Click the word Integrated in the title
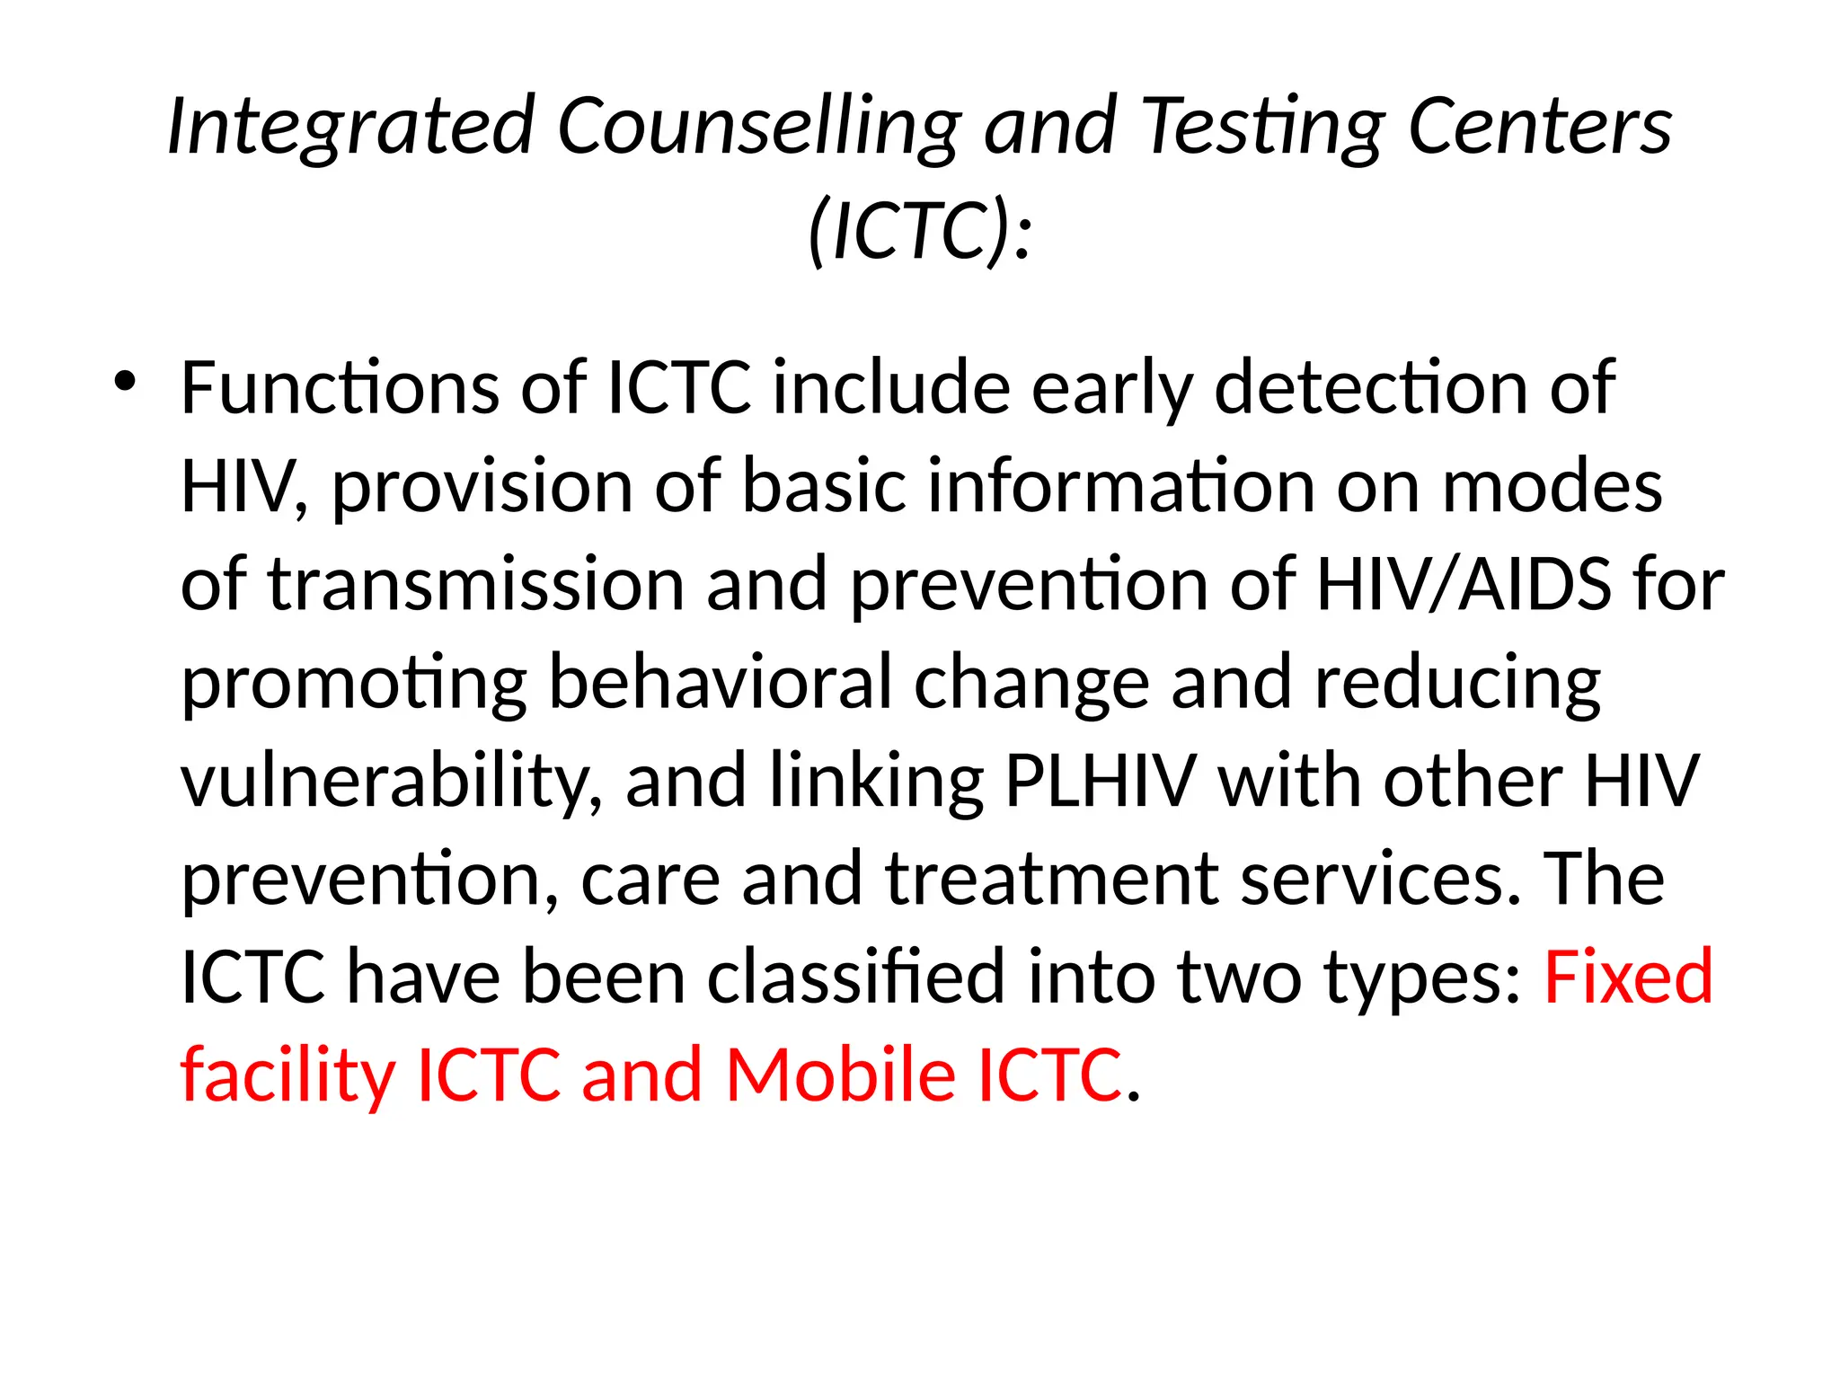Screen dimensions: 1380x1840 [351, 127]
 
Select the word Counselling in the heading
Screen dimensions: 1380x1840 [759, 127]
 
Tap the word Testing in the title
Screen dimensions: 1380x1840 [1263, 127]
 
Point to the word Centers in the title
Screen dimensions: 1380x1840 [1539, 127]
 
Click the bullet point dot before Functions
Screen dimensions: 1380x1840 [125, 382]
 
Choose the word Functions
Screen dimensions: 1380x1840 [340, 388]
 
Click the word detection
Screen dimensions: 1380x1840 [1370, 388]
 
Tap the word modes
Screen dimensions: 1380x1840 [1552, 486]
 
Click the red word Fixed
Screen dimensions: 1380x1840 [1628, 977]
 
